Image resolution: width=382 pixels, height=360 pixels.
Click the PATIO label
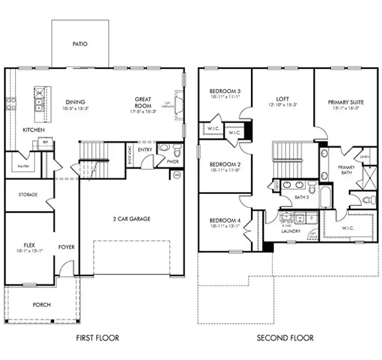pyautogui.click(x=80, y=44)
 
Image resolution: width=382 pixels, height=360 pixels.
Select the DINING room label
pyautogui.click(x=75, y=102)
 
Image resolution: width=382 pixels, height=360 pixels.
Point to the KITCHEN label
pyautogui.click(x=33, y=130)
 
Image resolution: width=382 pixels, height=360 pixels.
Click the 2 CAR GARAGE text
pyautogui.click(x=131, y=219)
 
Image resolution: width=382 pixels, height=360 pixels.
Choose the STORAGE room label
pyautogui.click(x=28, y=194)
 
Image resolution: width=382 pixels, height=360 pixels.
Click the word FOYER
pyautogui.click(x=65, y=247)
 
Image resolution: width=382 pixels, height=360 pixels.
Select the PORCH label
pyautogui.click(x=41, y=305)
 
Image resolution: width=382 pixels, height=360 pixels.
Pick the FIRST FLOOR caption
pyautogui.click(x=97, y=338)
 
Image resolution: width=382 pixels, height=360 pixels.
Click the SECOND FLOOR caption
pyautogui.click(x=285, y=338)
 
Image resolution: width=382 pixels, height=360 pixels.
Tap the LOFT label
pyautogui.click(x=282, y=99)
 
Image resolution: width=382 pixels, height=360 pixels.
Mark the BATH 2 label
pyautogui.click(x=302, y=197)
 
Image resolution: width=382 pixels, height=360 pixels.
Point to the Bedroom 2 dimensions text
pyautogui.click(x=225, y=170)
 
